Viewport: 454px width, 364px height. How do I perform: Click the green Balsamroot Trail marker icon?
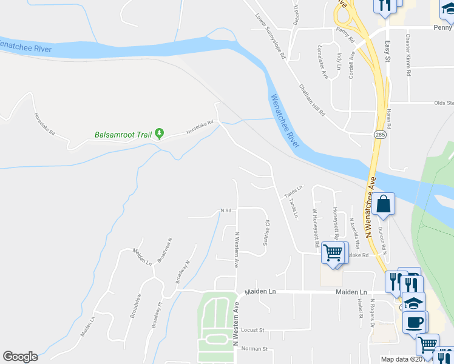(160, 133)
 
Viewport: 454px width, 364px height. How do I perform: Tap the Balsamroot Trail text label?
(124, 135)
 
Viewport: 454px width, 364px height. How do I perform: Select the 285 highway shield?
(379, 133)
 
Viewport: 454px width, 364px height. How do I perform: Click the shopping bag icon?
(384, 205)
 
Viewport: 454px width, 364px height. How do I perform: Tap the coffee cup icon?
(415, 322)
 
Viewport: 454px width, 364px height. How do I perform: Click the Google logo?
(20, 357)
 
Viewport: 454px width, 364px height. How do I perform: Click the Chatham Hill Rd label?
(313, 100)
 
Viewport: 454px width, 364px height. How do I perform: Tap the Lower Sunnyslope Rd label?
(271, 36)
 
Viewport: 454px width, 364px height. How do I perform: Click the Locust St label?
(254, 331)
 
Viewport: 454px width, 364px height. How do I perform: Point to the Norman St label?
(254, 349)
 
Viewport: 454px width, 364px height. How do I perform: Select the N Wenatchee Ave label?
(371, 206)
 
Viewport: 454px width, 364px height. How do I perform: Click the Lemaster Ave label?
(323, 62)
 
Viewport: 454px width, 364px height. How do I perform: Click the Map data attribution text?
(402, 359)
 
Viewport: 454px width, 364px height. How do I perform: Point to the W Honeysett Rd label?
(316, 228)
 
